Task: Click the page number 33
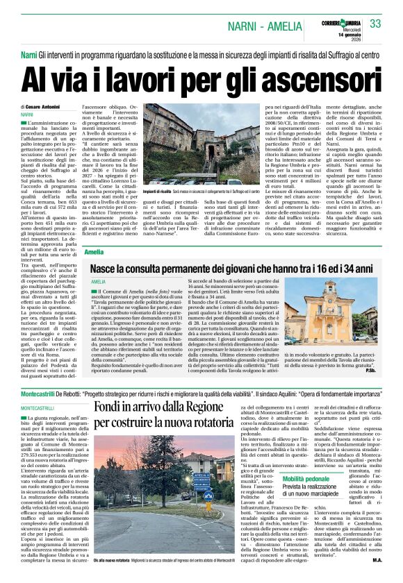click(x=375, y=24)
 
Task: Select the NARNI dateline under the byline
click(x=27, y=114)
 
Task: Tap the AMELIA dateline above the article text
click(x=98, y=282)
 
